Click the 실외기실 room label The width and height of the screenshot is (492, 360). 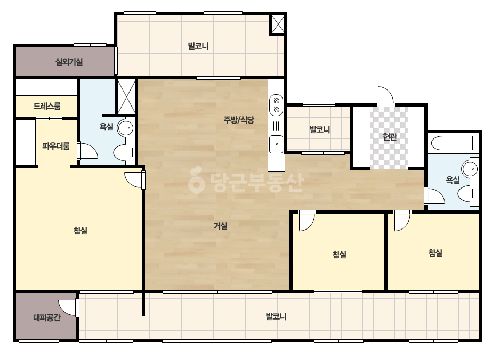(x=69, y=62)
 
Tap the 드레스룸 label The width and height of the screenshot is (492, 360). (x=47, y=106)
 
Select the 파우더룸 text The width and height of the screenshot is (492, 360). (x=56, y=146)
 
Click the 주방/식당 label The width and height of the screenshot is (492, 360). (x=239, y=119)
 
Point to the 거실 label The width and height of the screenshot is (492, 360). (x=221, y=225)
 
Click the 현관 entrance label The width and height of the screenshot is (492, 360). (x=390, y=137)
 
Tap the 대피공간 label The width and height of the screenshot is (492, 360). (x=47, y=317)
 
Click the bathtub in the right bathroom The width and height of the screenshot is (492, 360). (x=452, y=143)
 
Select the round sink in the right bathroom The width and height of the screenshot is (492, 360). (x=470, y=169)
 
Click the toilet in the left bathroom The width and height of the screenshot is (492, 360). (x=124, y=153)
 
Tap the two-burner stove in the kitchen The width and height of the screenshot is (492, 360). (x=277, y=105)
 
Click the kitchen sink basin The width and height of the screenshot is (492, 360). (x=277, y=144)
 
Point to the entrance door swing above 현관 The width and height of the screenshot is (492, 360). (x=385, y=96)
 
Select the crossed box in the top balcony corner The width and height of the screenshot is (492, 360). (x=278, y=24)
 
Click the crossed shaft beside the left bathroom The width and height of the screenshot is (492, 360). (x=126, y=96)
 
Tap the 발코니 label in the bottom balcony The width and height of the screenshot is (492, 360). (x=276, y=316)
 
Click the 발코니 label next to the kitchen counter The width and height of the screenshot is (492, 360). (x=320, y=129)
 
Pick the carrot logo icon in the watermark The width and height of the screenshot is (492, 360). (x=196, y=180)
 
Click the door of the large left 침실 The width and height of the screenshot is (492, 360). (x=135, y=179)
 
